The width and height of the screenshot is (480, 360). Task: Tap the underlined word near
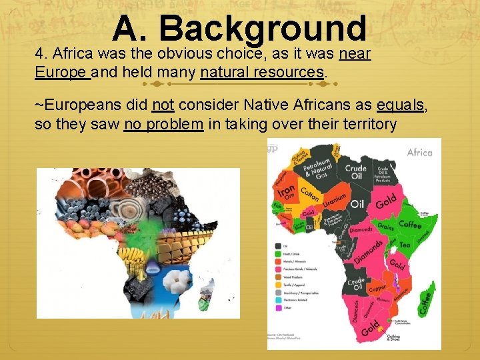(x=355, y=54)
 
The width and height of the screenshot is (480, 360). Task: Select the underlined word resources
(x=295, y=71)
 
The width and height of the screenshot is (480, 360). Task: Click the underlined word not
(x=163, y=105)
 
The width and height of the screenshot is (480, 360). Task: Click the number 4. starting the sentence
(x=41, y=54)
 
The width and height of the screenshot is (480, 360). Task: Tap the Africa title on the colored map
(x=419, y=153)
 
